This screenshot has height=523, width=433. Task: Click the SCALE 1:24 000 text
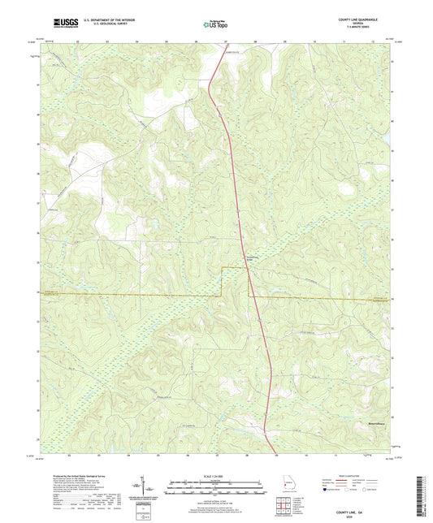tap(215, 476)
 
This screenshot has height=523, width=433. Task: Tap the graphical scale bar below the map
tap(215, 488)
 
